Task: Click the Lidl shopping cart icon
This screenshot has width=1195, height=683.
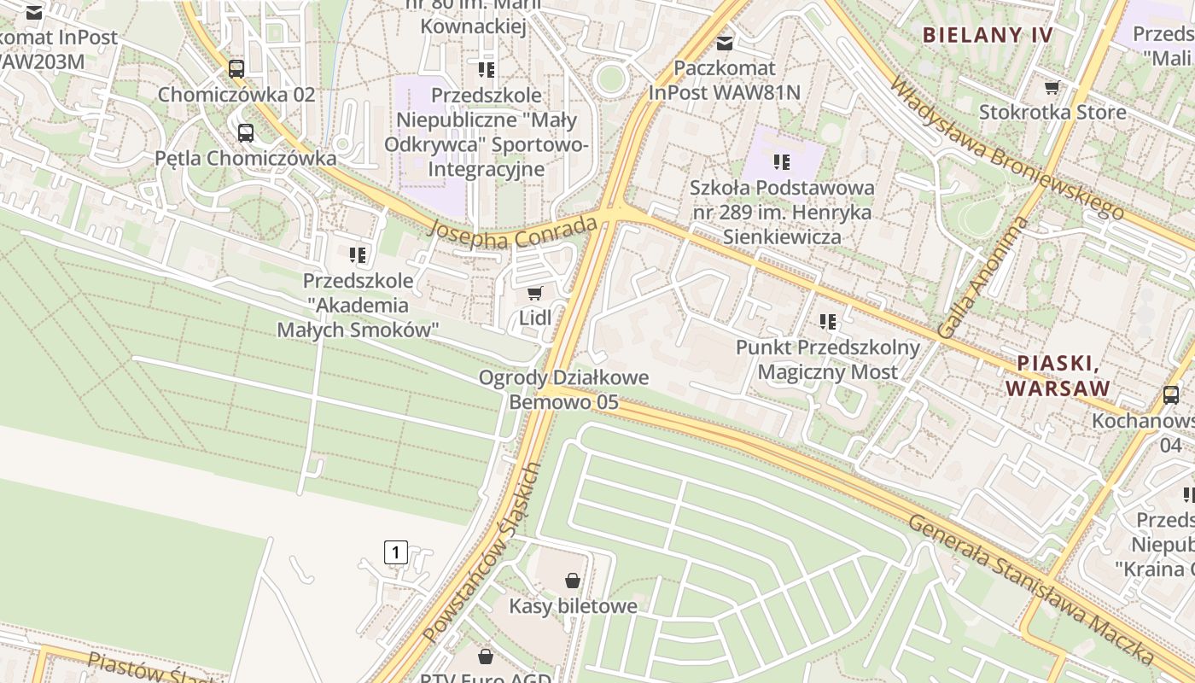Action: pos(535,294)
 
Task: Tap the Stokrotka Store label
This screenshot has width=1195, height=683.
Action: pos(1052,112)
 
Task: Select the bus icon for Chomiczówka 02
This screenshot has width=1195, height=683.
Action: pos(236,69)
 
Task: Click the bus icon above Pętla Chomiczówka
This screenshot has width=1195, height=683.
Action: pos(246,133)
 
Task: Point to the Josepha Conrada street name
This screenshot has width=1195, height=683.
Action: pos(512,232)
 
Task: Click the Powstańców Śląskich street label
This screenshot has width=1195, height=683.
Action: pos(482,552)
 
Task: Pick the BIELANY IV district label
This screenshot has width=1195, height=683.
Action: pos(988,35)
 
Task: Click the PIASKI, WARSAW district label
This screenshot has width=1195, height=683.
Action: pos(1058,376)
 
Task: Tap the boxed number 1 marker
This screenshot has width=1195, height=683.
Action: pos(396,552)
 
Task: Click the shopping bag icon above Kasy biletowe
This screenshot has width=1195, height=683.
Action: pos(573,581)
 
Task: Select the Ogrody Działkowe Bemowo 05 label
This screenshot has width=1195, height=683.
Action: pos(563,389)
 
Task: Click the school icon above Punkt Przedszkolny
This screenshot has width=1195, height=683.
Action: pos(828,322)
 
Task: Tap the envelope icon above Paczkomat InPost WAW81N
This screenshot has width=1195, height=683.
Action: pos(725,41)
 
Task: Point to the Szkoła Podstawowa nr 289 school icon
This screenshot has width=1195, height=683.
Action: pos(781,161)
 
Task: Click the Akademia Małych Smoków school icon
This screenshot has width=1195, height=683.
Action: pos(358,254)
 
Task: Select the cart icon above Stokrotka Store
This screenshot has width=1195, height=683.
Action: pos(1052,87)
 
